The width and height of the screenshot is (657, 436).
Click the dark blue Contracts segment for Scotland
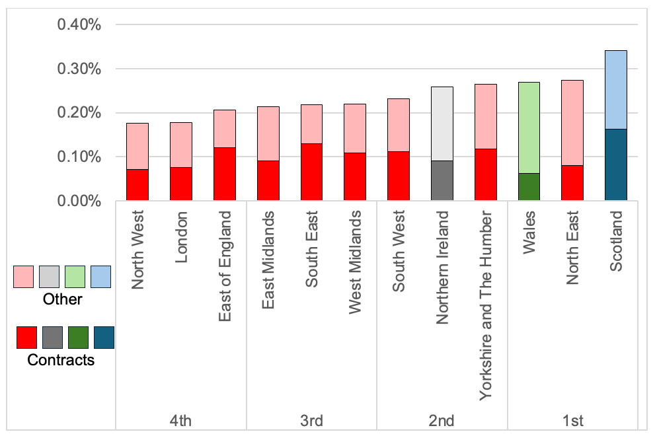(616, 164)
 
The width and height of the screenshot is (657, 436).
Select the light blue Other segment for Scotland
(616, 89)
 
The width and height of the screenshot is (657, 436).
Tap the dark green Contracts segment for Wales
(529, 187)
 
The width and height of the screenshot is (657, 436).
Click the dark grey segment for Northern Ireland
(442, 180)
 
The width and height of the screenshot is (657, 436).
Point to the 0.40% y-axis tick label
(79, 25)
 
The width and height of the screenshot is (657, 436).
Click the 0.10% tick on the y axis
(79, 157)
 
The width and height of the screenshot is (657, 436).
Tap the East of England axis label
(225, 266)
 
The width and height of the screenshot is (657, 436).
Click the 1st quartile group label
(572, 421)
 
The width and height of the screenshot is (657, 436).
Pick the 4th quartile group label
(181, 421)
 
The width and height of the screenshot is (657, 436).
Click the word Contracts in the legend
(61, 360)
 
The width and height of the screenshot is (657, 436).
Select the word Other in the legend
(62, 299)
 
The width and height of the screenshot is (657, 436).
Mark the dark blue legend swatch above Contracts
(104, 338)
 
